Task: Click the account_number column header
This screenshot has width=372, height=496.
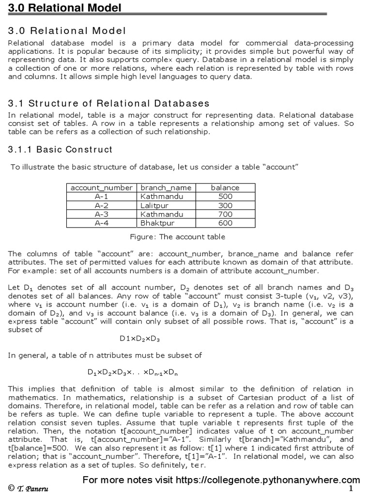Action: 102,187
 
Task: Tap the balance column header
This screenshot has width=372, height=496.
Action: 225,187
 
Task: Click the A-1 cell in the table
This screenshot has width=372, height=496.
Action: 102,196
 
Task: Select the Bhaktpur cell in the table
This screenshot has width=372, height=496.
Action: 157,223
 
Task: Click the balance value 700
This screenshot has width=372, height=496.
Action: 225,214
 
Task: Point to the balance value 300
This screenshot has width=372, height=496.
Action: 225,205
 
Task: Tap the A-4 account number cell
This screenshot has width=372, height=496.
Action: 102,223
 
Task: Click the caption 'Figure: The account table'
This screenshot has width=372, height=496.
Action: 178,237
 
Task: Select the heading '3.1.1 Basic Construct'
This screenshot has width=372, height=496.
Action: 60,149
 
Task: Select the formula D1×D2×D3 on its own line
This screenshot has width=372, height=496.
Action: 140,338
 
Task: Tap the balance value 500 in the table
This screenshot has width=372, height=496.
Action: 225,196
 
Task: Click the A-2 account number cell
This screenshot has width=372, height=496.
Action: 102,205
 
